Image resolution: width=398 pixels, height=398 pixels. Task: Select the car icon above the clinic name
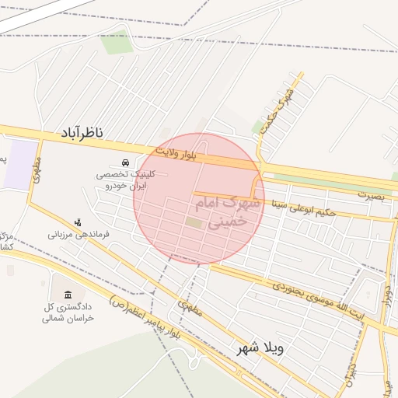pos(124,162)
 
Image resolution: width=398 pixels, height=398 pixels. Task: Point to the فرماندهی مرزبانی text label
pos(79,233)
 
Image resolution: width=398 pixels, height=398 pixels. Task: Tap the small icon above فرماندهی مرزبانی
pos(77,222)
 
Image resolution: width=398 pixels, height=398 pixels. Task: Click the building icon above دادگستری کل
pos(68,295)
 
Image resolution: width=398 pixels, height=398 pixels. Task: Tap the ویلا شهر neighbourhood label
pos(260,347)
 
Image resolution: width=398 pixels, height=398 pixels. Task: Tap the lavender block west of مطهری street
pos(19,165)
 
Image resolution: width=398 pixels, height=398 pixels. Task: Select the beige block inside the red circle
pos(194,224)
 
